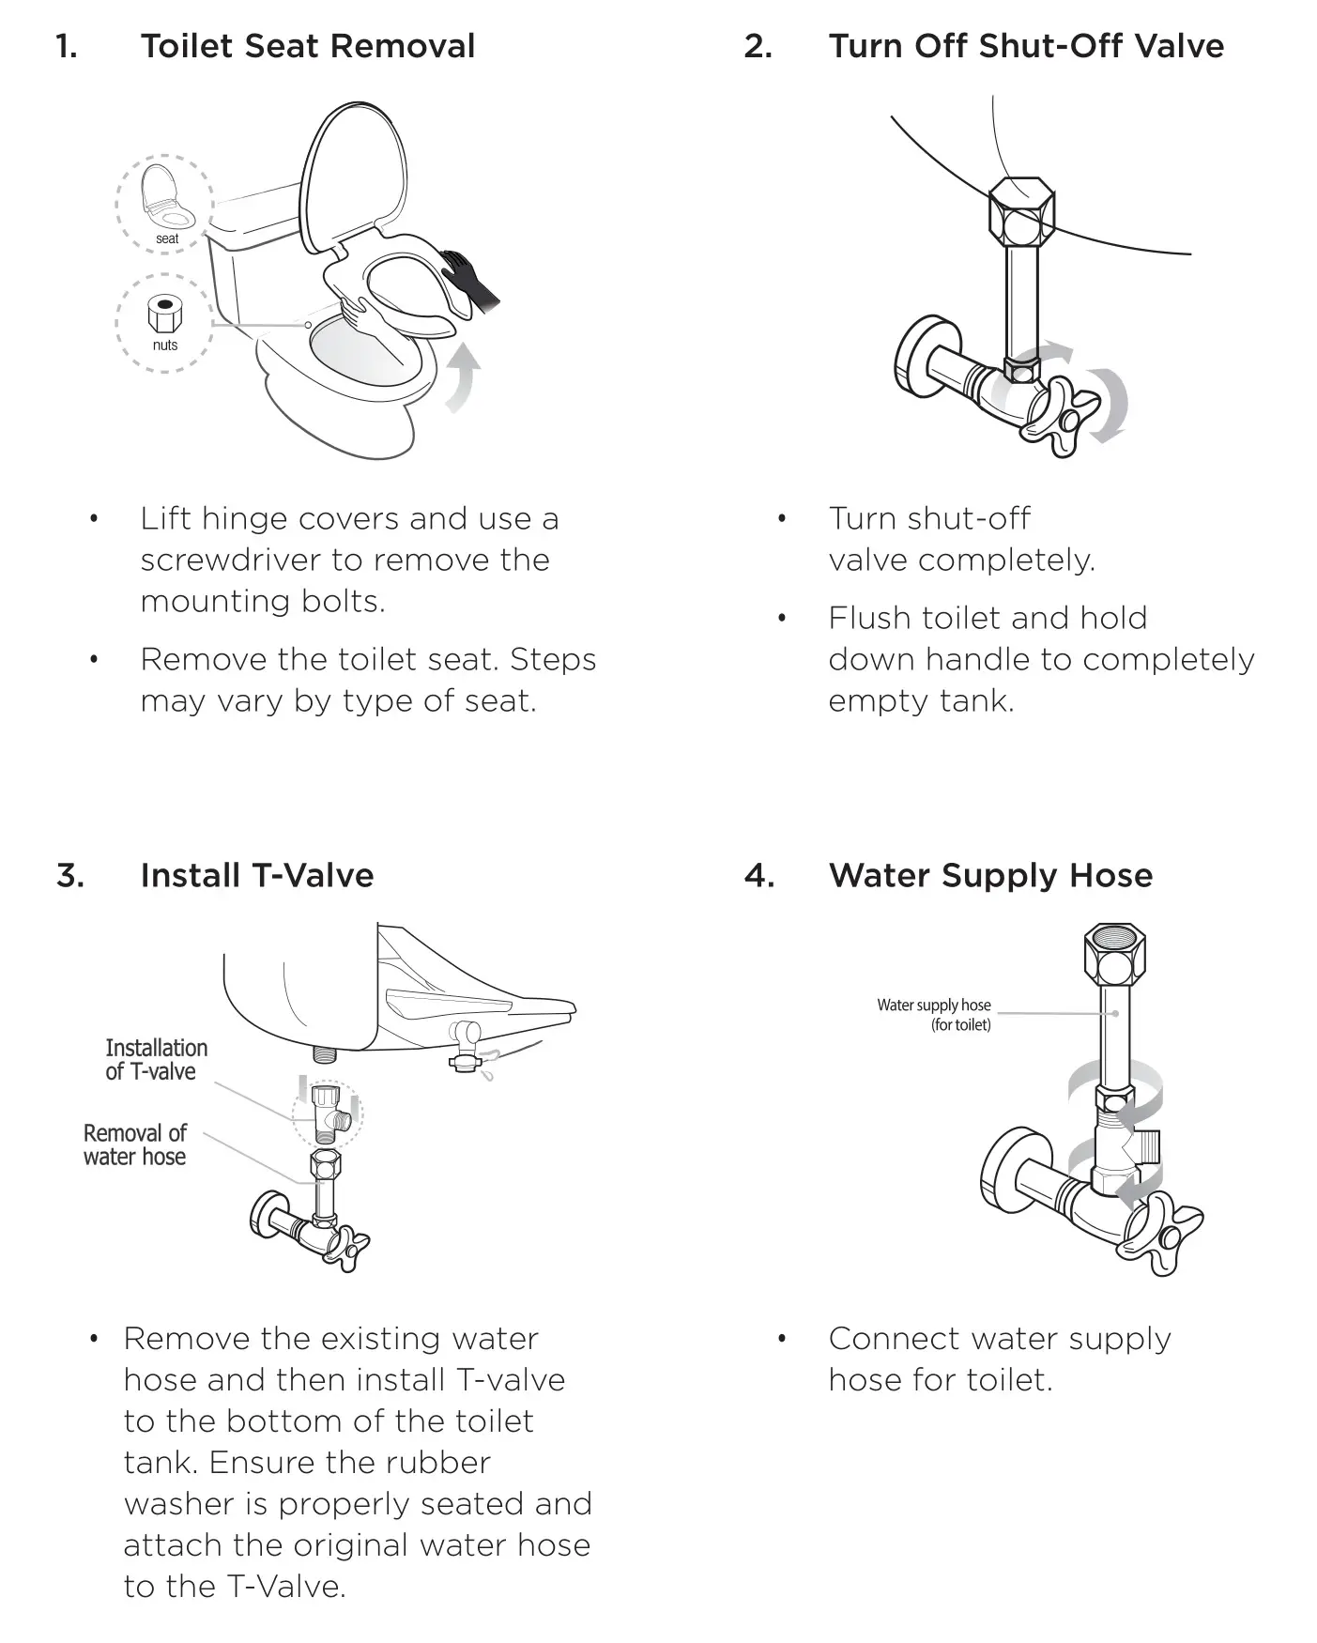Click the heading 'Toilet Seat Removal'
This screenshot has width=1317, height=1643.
(307, 46)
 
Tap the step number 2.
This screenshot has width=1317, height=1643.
(758, 46)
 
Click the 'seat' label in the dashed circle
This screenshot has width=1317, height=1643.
(167, 238)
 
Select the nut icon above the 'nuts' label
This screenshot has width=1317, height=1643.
(165, 315)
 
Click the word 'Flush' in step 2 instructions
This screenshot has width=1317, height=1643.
(869, 619)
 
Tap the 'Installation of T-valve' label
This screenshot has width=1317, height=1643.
(155, 1060)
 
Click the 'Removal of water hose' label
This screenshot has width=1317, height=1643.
(134, 1144)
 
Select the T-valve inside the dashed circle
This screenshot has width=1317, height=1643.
(328, 1110)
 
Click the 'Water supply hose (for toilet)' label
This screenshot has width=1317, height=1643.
(934, 1014)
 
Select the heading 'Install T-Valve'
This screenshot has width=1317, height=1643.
(256, 876)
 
